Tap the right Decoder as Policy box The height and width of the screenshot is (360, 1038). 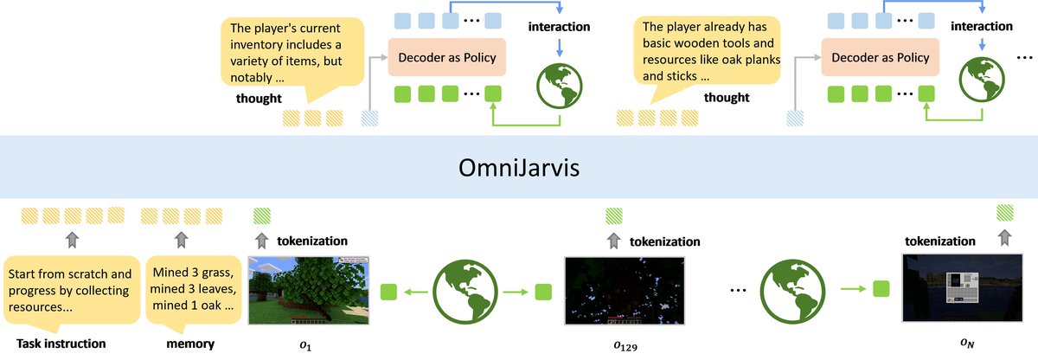[881, 58]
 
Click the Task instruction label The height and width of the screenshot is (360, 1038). [61, 344]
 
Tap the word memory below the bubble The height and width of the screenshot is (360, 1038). [189, 344]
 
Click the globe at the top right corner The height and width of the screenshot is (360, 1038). [984, 81]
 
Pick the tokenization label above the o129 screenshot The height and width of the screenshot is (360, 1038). [664, 241]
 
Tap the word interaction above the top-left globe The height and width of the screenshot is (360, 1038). [559, 27]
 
